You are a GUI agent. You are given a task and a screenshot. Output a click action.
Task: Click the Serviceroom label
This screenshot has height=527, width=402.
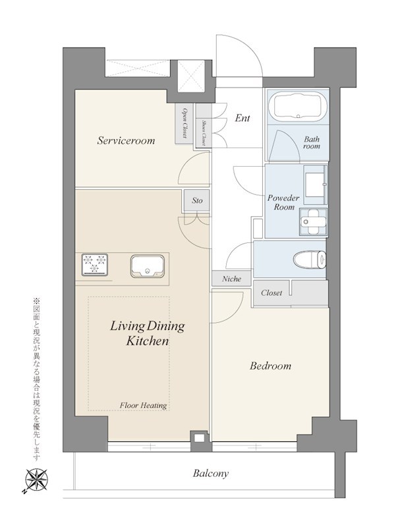click(x=126, y=140)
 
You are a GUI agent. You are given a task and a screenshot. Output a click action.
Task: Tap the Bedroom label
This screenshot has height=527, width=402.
click(x=270, y=366)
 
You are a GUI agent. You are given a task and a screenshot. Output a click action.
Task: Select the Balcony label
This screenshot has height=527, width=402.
click(x=211, y=474)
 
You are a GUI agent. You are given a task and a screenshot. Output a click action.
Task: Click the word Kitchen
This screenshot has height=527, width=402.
click(x=147, y=341)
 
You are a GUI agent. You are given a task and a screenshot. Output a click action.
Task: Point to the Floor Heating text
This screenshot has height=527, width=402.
click(x=143, y=406)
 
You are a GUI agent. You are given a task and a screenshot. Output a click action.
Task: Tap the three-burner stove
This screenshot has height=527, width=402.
click(x=94, y=264)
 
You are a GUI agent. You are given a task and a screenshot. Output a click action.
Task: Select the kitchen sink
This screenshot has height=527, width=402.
click(x=148, y=266)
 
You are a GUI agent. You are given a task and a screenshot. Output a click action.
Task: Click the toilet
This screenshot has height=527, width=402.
click(x=310, y=260)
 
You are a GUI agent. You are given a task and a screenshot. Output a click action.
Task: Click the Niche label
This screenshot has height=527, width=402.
click(x=231, y=279)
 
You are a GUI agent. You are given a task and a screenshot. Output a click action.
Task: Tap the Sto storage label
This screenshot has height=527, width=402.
click(x=197, y=201)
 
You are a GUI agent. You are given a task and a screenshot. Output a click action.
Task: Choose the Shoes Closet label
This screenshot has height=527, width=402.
click(x=204, y=133)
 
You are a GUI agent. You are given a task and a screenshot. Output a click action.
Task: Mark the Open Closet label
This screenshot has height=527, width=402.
click(x=185, y=123)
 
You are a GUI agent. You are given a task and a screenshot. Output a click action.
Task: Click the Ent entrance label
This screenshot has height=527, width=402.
click(x=243, y=118)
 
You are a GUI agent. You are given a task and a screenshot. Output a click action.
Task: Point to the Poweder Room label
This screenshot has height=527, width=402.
click(x=283, y=202)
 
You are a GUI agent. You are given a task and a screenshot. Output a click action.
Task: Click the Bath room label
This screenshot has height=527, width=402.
click(x=312, y=142)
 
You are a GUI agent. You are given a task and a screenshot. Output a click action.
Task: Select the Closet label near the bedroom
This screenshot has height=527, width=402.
click(x=272, y=292)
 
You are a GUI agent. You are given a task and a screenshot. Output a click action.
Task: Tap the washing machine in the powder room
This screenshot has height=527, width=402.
click(x=314, y=221)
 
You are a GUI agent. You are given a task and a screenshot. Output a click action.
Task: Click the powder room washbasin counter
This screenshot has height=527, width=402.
click(x=315, y=185)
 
